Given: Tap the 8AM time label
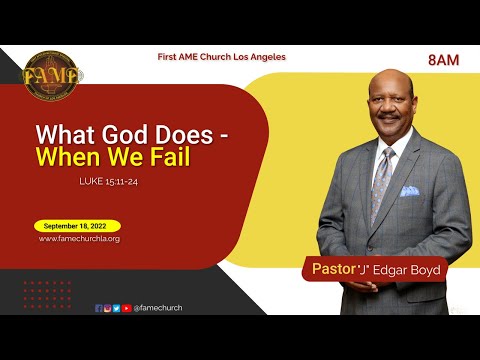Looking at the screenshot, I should point(442,61).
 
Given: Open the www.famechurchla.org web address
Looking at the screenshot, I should point(79,240).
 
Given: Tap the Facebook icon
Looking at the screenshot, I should point(98,308).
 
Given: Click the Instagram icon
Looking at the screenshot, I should point(107,308).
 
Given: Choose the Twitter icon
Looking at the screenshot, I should point(116,308).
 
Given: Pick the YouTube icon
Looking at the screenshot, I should point(125,308).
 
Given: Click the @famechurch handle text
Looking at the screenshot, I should point(157,308).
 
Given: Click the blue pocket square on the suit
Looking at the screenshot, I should point(409,190).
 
